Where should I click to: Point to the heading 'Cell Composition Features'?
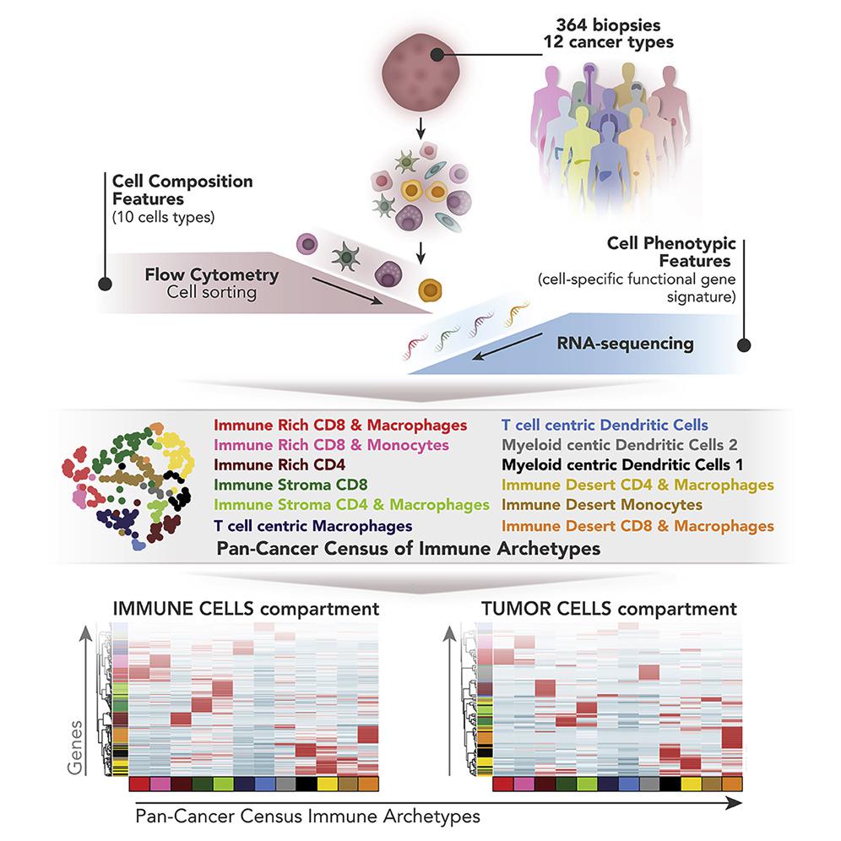tap(182, 189)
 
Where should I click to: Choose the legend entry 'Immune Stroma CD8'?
tap(290, 484)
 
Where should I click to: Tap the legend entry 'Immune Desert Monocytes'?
tap(601, 504)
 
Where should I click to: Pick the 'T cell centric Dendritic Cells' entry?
tap(605, 425)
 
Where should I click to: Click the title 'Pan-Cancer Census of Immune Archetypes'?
tap(410, 549)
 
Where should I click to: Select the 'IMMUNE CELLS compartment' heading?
tap(247, 608)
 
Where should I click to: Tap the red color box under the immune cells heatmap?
tap(139, 784)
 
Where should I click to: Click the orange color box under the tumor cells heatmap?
tap(733, 784)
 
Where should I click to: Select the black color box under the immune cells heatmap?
tap(307, 784)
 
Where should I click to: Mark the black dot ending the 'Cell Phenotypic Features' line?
tap(744, 345)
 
